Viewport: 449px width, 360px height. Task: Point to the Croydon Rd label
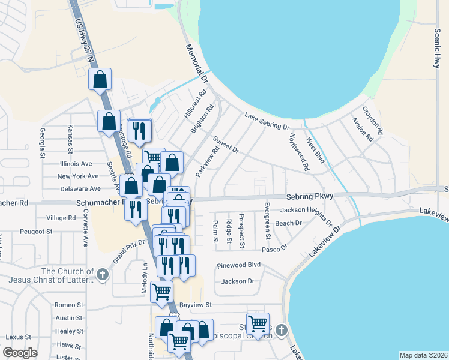pyautogui.click(x=372, y=120)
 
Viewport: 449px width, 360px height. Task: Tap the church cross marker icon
pyautogui.click(x=102, y=275)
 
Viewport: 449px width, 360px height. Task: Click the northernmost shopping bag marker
pyautogui.click(x=100, y=79)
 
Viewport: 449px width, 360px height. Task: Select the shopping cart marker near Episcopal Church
pyautogui.click(x=258, y=323)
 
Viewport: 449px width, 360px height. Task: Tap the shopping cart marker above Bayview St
pyautogui.click(x=161, y=292)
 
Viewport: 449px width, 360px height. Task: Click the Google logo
pyautogui.click(x=20, y=353)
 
